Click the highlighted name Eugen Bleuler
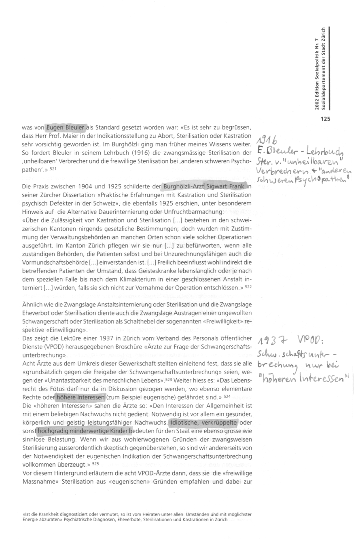coord(65,128)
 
